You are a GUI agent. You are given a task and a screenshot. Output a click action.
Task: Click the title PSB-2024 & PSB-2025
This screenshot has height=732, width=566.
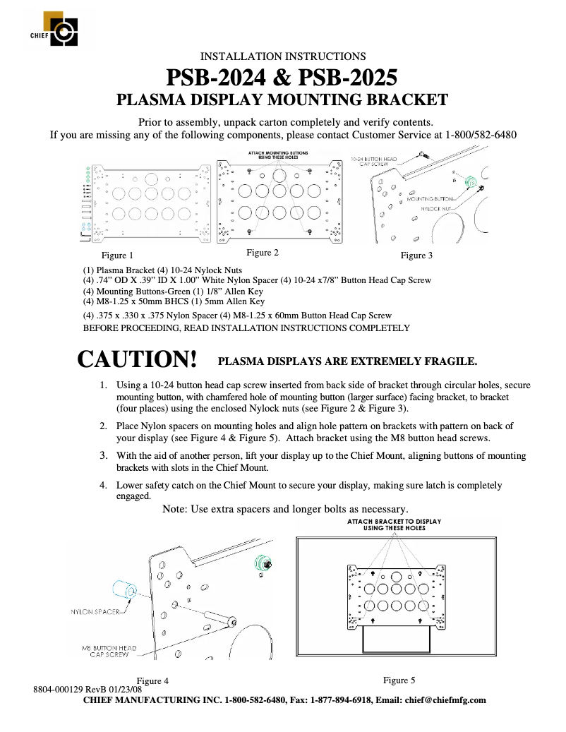[282, 77]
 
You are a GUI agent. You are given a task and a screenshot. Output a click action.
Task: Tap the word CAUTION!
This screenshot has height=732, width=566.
[137, 359]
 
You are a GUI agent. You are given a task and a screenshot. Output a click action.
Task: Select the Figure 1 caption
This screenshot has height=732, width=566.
[117, 256]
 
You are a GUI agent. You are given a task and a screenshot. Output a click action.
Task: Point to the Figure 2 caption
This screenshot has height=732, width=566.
[263, 253]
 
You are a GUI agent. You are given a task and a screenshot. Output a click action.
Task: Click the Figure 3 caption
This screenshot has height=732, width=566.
[417, 256]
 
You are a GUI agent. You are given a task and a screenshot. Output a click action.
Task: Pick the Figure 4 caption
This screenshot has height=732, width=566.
[152, 681]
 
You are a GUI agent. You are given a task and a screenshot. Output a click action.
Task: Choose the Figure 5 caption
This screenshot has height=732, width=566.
[399, 680]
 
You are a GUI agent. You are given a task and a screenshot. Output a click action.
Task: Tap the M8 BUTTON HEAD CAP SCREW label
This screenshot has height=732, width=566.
[109, 652]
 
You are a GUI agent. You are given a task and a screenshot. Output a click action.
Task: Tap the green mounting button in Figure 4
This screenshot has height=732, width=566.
[261, 563]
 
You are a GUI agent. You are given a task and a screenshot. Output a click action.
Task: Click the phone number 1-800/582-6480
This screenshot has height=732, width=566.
[481, 134]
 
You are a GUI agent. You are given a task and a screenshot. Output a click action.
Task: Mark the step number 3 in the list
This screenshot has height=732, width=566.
[102, 455]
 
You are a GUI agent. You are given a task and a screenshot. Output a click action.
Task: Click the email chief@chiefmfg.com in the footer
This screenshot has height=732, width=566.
[445, 700]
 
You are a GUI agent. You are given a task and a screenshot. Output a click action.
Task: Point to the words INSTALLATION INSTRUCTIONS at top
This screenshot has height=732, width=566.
[283, 56]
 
